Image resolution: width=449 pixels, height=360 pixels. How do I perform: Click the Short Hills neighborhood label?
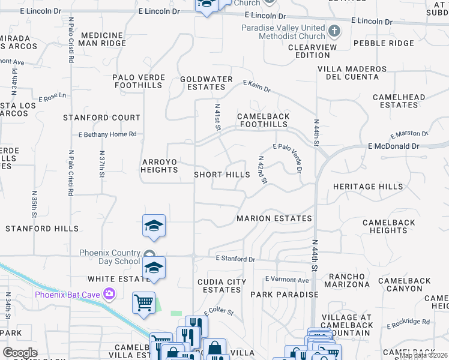pos(221,175)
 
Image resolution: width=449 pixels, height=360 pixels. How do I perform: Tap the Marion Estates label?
pos(274,218)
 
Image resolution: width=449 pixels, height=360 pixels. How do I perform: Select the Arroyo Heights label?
pos(160,166)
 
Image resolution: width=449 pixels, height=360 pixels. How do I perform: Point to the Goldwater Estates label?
pos(206,83)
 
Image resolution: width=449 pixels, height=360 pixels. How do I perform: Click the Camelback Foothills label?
pos(263,120)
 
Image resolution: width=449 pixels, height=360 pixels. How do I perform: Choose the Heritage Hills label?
pos(368,187)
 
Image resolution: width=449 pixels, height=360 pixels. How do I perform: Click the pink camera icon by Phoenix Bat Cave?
pos(109,294)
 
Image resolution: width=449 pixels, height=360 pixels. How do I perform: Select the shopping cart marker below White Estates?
pos(144,302)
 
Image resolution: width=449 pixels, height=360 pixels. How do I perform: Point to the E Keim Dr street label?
pos(256,87)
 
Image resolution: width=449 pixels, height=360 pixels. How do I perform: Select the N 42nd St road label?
pos(262,170)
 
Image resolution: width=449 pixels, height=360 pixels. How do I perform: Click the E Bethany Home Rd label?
pos(107,135)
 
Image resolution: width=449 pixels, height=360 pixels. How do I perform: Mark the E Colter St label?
pos(218,312)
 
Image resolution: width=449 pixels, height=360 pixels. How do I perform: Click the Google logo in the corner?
pos(20,353)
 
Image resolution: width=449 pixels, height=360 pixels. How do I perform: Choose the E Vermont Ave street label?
pos(287,280)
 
